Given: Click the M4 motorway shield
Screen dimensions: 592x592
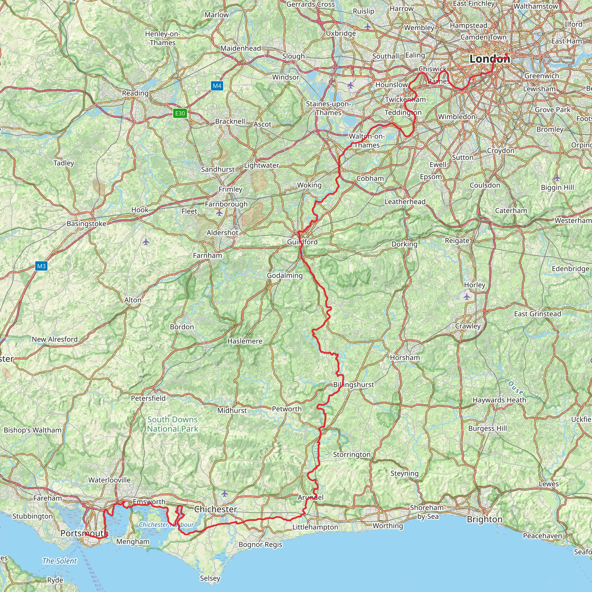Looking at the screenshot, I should tap(217, 86).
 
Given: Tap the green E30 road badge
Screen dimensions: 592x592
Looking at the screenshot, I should tap(180, 113).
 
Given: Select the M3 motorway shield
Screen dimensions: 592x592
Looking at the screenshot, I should tap(41, 266).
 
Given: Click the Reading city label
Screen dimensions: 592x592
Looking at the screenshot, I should tap(135, 93).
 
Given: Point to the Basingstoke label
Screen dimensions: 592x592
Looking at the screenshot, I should tap(86, 224).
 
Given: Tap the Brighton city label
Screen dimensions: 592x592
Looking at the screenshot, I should tap(485, 519).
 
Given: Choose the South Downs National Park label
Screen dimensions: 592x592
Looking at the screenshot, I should tap(173, 424).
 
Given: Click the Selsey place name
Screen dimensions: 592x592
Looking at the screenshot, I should tap(210, 578).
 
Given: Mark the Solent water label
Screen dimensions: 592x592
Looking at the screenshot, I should tap(60, 561).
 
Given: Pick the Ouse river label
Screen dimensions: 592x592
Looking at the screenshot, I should tap(516, 388).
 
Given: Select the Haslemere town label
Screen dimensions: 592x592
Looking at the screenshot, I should tap(245, 341).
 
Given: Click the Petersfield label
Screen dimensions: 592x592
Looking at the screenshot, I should tap(148, 398).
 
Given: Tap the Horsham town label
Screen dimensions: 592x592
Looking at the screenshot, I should tap(405, 358).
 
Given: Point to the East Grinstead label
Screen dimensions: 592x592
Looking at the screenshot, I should tap(537, 314).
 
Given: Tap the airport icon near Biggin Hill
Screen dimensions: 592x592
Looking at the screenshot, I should tap(557, 178).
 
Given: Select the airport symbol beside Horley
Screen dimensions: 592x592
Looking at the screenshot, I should tap(467, 297).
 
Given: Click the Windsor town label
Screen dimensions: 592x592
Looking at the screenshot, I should tap(286, 77).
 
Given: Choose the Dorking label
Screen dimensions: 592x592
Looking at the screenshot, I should tap(404, 244).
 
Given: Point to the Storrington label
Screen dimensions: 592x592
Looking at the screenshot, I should tap(352, 454).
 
